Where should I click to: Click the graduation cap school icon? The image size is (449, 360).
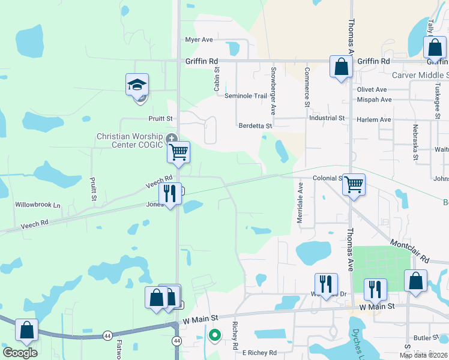click(137, 85)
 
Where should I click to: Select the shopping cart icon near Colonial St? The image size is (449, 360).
click(354, 184)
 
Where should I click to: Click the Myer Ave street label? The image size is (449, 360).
click(199, 40)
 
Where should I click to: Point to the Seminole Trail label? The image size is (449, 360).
click(245, 96)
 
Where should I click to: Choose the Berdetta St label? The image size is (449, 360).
click(256, 126)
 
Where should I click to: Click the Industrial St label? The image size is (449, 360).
click(327, 118)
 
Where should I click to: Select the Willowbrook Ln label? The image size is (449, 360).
click(38, 205)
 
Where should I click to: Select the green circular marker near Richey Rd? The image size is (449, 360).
click(214, 335)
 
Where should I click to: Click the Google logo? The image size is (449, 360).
click(20, 353)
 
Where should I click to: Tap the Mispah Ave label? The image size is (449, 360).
click(374, 100)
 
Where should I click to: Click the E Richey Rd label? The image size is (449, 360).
click(259, 353)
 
